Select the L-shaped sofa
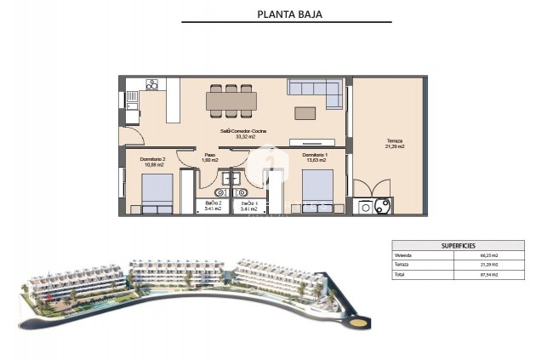tap(315, 88)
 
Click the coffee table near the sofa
tap(305, 111)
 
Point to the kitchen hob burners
tap(152, 84)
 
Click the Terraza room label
tap(394, 140)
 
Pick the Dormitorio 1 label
tap(315, 155)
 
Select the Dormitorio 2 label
tap(151, 159)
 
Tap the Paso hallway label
tap(209, 155)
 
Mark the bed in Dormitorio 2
tap(157, 192)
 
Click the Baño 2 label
tap(213, 203)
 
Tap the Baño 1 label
tap(248, 203)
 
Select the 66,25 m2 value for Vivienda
tap(488, 255)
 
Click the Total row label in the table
tap(400, 274)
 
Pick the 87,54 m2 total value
tap(488, 274)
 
